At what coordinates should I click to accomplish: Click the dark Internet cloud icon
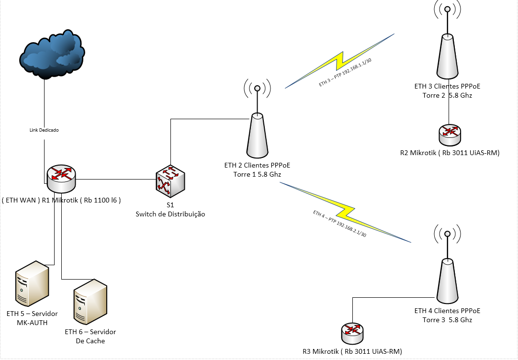click(x=52, y=55)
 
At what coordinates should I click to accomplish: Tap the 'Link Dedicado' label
click(x=44, y=130)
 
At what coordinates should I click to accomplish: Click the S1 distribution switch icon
click(x=170, y=181)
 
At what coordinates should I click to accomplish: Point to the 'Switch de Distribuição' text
click(x=170, y=214)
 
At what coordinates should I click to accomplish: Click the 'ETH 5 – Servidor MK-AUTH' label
click(x=32, y=318)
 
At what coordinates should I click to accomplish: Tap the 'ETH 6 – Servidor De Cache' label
click(x=90, y=336)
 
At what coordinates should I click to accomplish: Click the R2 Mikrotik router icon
click(x=450, y=135)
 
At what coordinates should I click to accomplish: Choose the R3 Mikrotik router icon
click(x=353, y=333)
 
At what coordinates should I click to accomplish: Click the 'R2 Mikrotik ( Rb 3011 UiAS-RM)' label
click(x=450, y=153)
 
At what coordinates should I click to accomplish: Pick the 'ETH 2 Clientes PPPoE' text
click(x=257, y=166)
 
